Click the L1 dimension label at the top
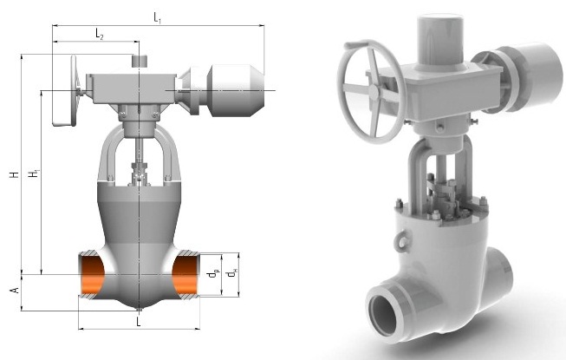tap(157, 17)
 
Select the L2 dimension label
tap(100, 35)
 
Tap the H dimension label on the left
tap(14, 174)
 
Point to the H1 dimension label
tap(34, 173)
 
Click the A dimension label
tap(15, 290)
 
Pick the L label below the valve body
tap(139, 321)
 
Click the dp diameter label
tap(213, 274)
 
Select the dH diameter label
tap(232, 273)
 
